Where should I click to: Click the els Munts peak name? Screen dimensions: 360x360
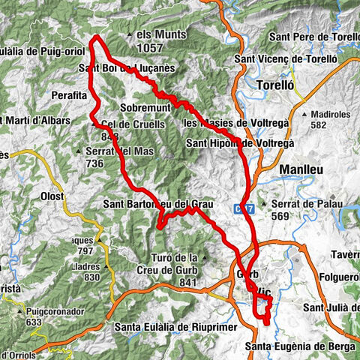pos(161,34)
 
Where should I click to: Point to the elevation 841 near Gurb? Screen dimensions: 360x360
pos(188,282)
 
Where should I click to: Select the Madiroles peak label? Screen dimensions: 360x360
pos(328,115)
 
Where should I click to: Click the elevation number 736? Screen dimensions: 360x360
pos(94,163)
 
